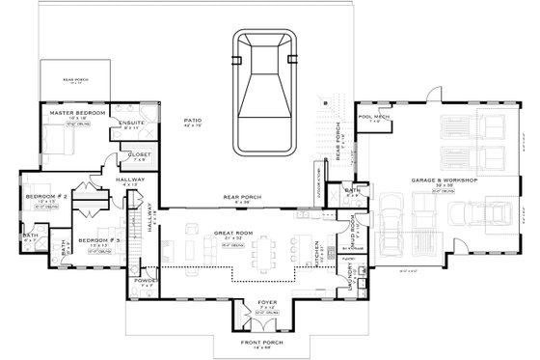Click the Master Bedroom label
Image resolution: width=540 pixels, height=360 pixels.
(x=78, y=114)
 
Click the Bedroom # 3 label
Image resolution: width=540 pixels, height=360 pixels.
(x=97, y=239)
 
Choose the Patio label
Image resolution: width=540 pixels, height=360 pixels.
(x=193, y=121)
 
